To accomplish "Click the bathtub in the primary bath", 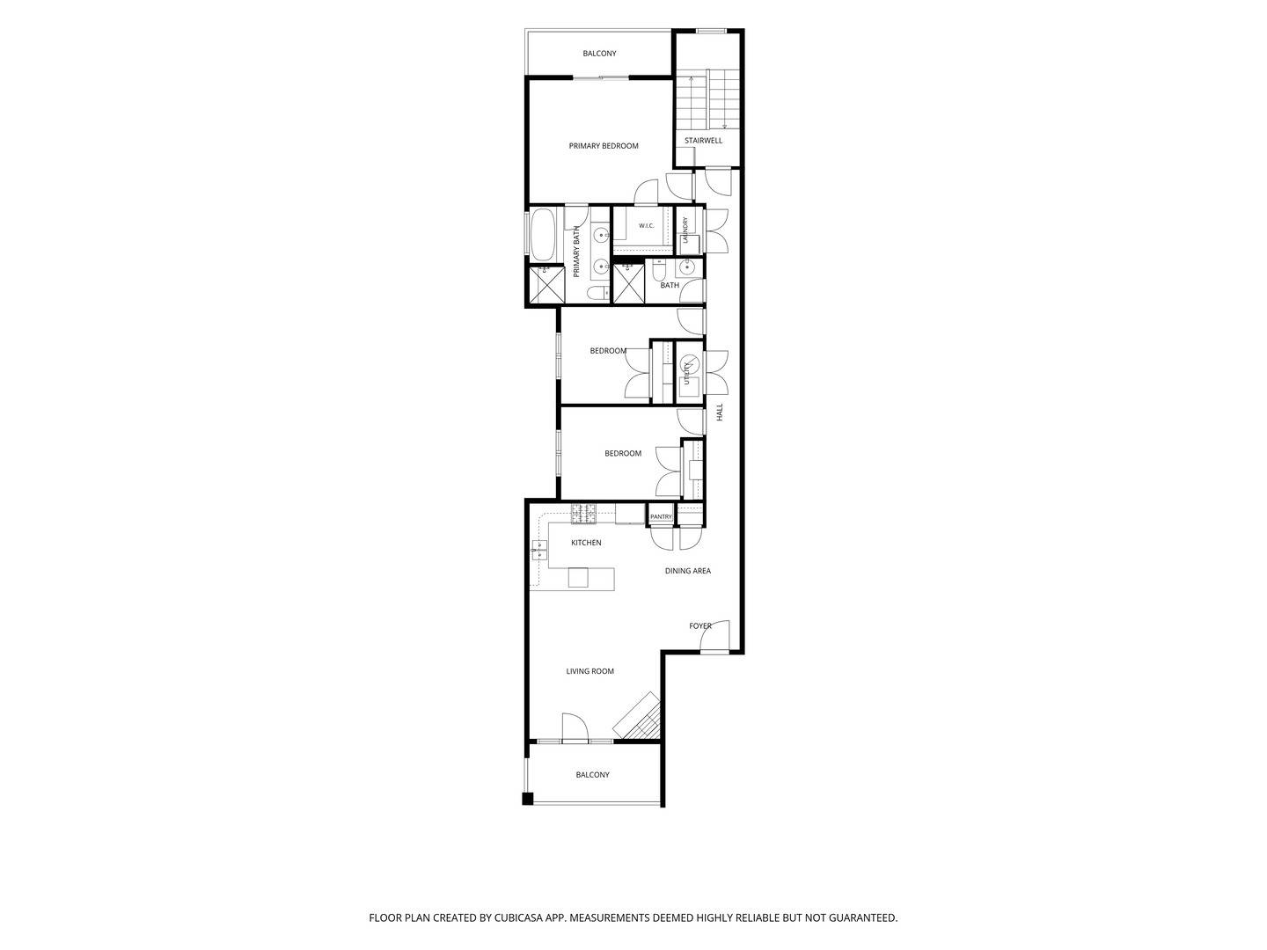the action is (x=541, y=234).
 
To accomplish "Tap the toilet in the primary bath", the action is (x=597, y=293).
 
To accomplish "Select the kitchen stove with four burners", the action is (x=583, y=514).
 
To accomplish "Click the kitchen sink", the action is (x=539, y=551).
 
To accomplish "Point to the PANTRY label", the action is (x=661, y=517).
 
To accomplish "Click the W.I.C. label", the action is (x=646, y=225).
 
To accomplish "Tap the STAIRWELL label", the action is (x=703, y=140).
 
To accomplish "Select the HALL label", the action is (x=719, y=412).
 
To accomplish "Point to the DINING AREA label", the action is (x=687, y=571).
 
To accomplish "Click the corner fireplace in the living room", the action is (x=638, y=716).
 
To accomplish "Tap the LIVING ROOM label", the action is (x=590, y=671).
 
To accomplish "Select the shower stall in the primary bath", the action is (x=546, y=284).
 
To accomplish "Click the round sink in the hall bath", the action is (x=687, y=267).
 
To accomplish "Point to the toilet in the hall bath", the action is (x=659, y=269).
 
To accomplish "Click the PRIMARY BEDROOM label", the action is (x=604, y=146).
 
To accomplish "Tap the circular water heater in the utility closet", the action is (x=691, y=362).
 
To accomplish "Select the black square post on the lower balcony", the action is (x=528, y=799).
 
